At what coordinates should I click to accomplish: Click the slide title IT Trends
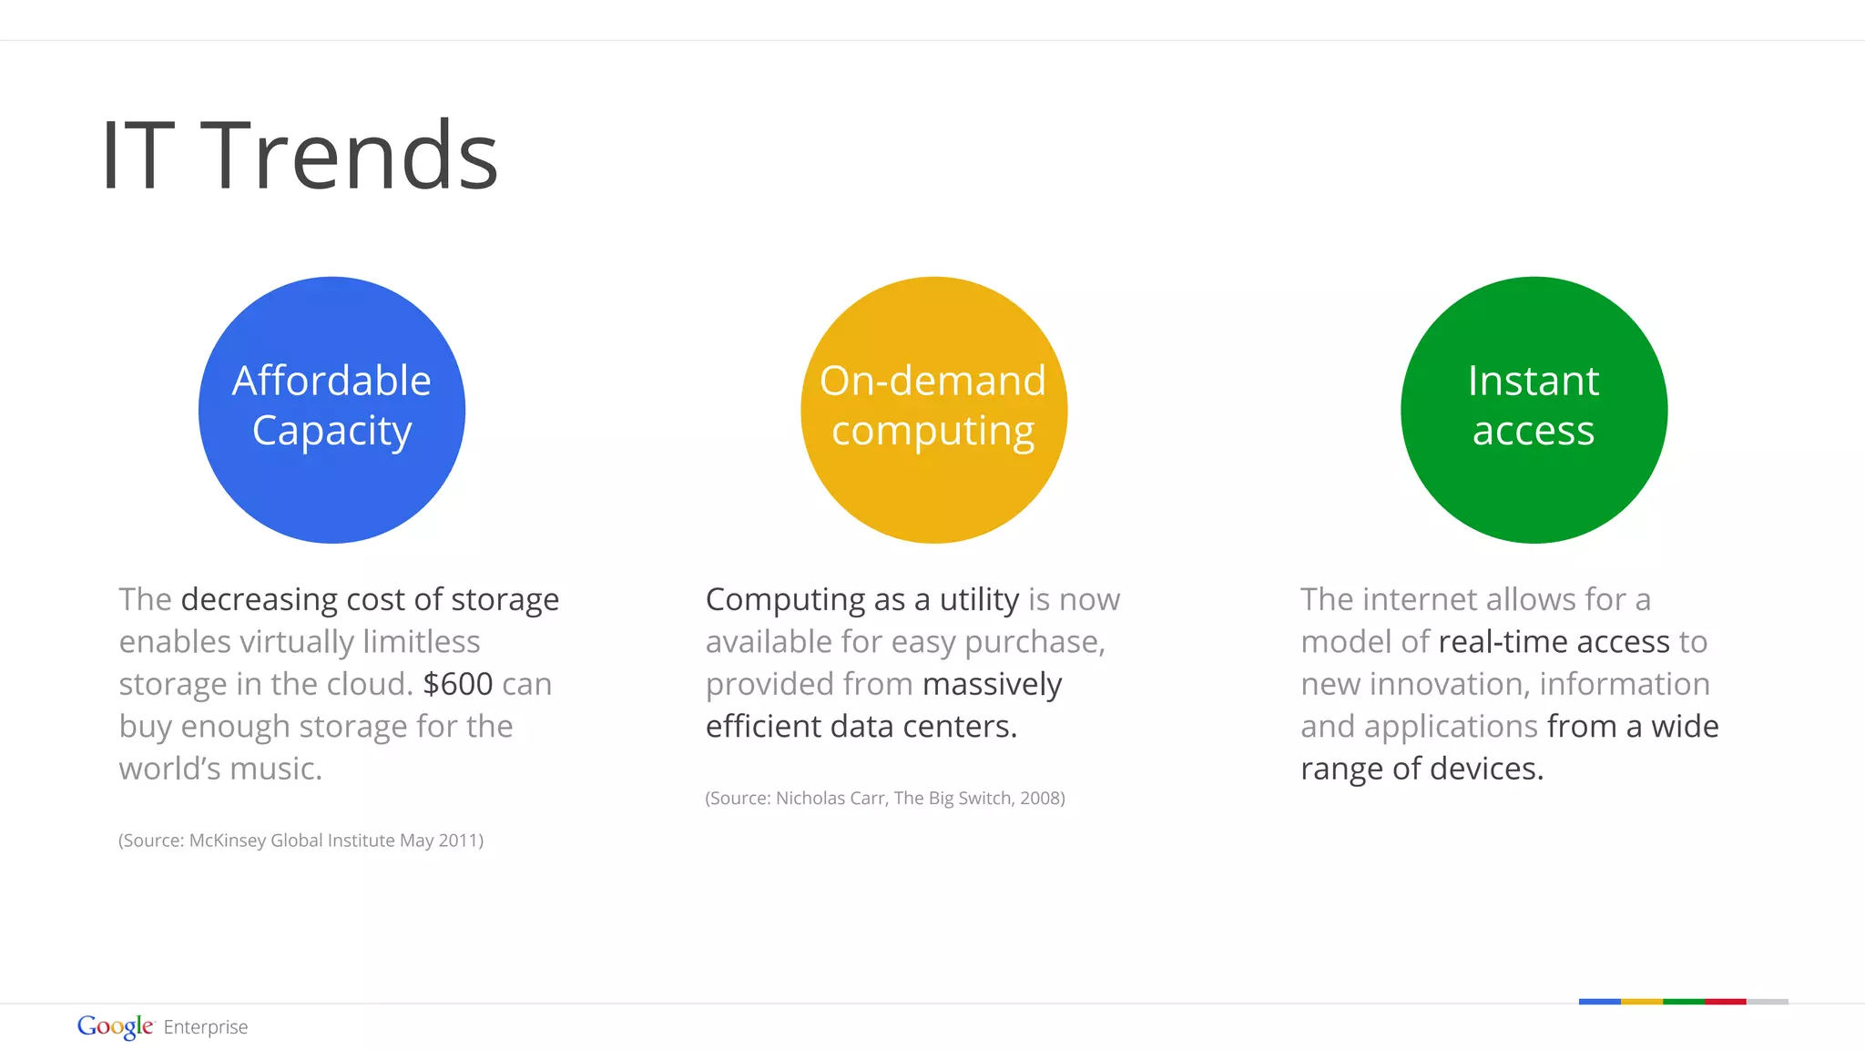pyautogui.click(x=300, y=156)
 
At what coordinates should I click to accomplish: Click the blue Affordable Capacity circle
pyautogui.click(x=331, y=410)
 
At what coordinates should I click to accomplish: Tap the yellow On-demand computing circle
pyautogui.click(x=933, y=410)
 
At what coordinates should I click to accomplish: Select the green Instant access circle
pyautogui.click(x=1534, y=410)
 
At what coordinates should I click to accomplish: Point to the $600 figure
pyautogui.click(x=458, y=684)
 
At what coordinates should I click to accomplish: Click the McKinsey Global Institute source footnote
pyautogui.click(x=301, y=841)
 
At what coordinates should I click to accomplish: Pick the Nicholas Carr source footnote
pyautogui.click(x=884, y=799)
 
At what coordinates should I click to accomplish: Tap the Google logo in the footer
pyautogui.click(x=116, y=1026)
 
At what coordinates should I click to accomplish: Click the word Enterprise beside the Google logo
pyautogui.click(x=206, y=1027)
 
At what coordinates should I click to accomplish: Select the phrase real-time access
pyautogui.click(x=1554, y=642)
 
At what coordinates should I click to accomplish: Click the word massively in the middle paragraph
pyautogui.click(x=992, y=685)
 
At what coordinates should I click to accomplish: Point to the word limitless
pyautogui.click(x=421, y=642)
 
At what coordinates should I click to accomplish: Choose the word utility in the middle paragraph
pyautogui.click(x=979, y=599)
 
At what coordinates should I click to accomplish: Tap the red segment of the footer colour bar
pyautogui.click(x=1725, y=1002)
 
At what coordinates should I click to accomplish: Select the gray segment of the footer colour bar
pyautogui.click(x=1767, y=1002)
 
